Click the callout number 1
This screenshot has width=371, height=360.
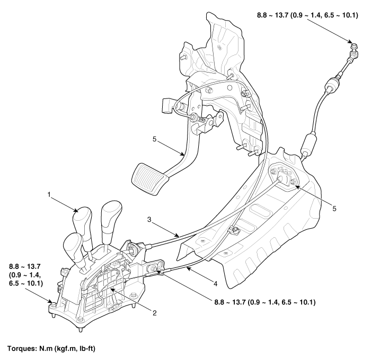pos(49,195)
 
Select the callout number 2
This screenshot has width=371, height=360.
pos(155,313)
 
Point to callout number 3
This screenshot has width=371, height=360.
pos(149,220)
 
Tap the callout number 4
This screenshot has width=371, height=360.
pos(215,283)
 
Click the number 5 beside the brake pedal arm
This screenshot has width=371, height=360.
pos(155,139)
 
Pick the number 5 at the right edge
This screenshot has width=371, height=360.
pos(334,209)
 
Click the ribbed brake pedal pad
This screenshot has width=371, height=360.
pos(150,178)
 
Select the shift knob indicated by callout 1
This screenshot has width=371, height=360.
pos(82,220)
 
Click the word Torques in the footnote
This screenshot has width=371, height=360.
pos(21,348)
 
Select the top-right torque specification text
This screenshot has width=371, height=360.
pos(307,15)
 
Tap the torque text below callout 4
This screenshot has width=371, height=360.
pos(265,302)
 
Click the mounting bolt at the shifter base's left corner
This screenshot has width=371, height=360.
pos(54,304)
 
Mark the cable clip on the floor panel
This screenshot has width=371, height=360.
pos(233,229)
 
